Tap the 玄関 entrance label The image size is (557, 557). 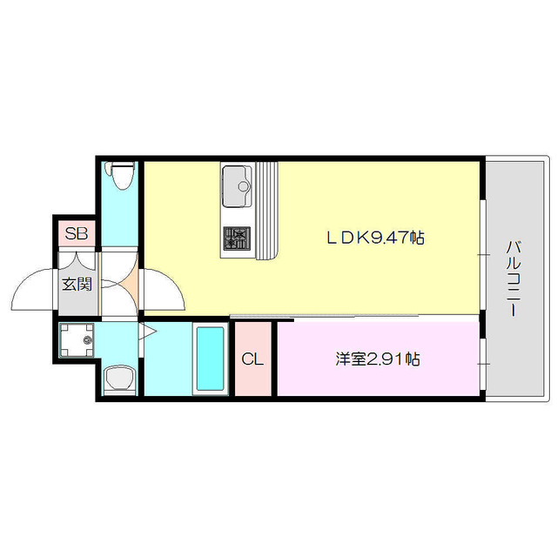[77, 284]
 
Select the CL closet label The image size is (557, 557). [253, 359]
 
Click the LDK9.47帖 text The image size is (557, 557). [375, 237]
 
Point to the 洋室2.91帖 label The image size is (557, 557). [378, 359]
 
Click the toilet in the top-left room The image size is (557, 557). [120, 178]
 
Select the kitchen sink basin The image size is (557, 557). [235, 185]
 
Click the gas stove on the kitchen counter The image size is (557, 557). [235, 238]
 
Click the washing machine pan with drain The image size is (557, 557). [78, 340]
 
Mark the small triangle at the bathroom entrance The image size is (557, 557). [146, 332]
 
